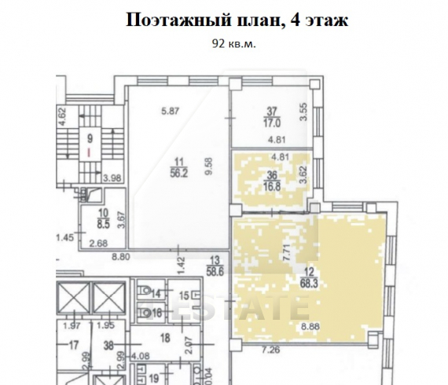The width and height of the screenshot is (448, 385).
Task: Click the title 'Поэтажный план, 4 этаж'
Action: pos(236,22)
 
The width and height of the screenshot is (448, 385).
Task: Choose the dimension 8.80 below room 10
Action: pos(120,255)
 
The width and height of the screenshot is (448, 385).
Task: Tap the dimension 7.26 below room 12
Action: pos(272,348)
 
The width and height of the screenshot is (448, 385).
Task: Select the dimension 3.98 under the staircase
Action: pos(113,178)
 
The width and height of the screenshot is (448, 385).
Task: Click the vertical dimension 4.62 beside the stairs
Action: pos(61,120)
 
